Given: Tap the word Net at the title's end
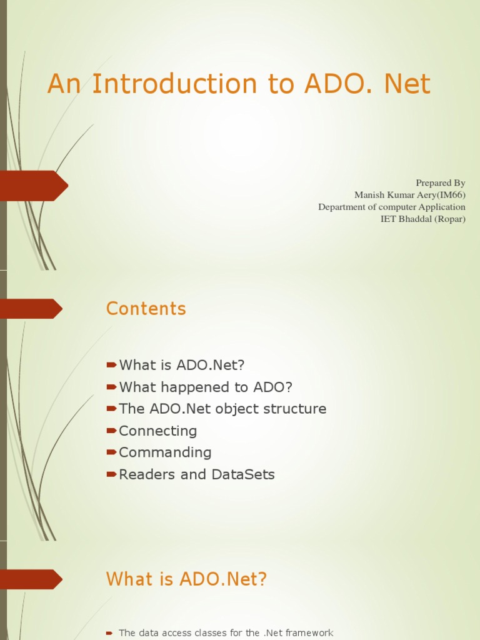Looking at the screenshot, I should [407, 84].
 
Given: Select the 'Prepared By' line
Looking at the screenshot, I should [441, 182].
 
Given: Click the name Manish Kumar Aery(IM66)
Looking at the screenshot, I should [409, 194].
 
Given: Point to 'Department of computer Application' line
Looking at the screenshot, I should [392, 207].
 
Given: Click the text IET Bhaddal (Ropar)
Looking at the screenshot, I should [423, 219].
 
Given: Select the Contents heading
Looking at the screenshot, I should [146, 309].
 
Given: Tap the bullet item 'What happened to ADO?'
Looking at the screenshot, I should [206, 387].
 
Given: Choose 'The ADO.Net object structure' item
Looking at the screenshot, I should [222, 409].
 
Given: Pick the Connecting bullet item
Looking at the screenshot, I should [157, 431].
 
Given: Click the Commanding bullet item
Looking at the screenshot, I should [165, 452].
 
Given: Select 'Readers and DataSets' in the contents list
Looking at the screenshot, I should [197, 474].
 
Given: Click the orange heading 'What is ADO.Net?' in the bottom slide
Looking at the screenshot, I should [187, 579].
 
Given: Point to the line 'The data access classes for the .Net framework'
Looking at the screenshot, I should [226, 633].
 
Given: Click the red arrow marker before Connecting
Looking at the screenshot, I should [112, 431].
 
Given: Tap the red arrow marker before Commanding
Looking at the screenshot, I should [112, 452].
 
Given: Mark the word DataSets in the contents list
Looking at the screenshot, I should [243, 474].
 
